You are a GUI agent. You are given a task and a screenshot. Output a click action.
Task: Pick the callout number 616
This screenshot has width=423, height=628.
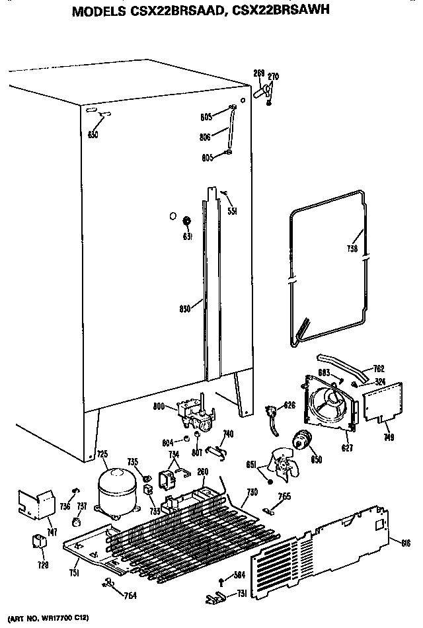click(405, 543)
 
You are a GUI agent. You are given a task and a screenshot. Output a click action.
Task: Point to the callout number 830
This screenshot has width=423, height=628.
click(185, 307)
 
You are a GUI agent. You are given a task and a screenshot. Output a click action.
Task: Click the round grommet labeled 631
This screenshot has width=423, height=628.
click(186, 220)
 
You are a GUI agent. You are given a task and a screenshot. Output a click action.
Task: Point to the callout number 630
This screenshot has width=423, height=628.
click(93, 135)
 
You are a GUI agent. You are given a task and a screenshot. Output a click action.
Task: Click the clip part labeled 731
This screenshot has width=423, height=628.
click(213, 598)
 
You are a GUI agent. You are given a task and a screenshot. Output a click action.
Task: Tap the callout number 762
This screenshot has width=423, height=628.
click(378, 368)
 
